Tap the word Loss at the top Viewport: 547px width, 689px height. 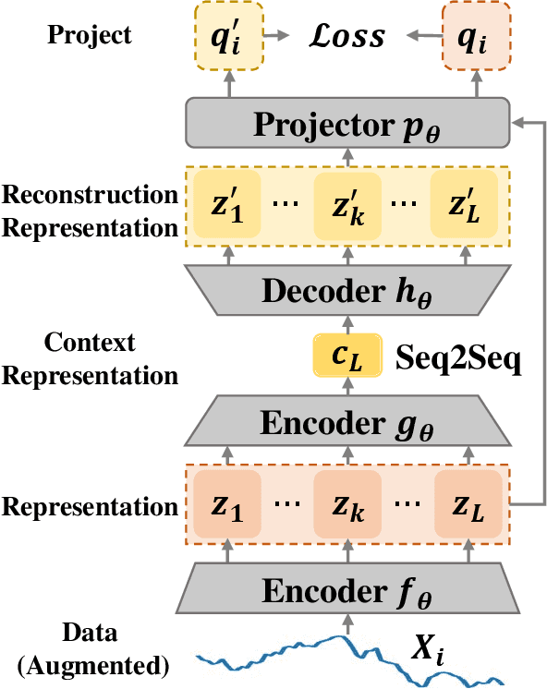coord(346,37)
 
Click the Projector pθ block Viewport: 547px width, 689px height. coord(348,120)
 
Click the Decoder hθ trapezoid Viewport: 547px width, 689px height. coord(348,290)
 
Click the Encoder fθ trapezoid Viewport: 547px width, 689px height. coord(348,588)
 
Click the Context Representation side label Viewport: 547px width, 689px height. coord(90,359)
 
